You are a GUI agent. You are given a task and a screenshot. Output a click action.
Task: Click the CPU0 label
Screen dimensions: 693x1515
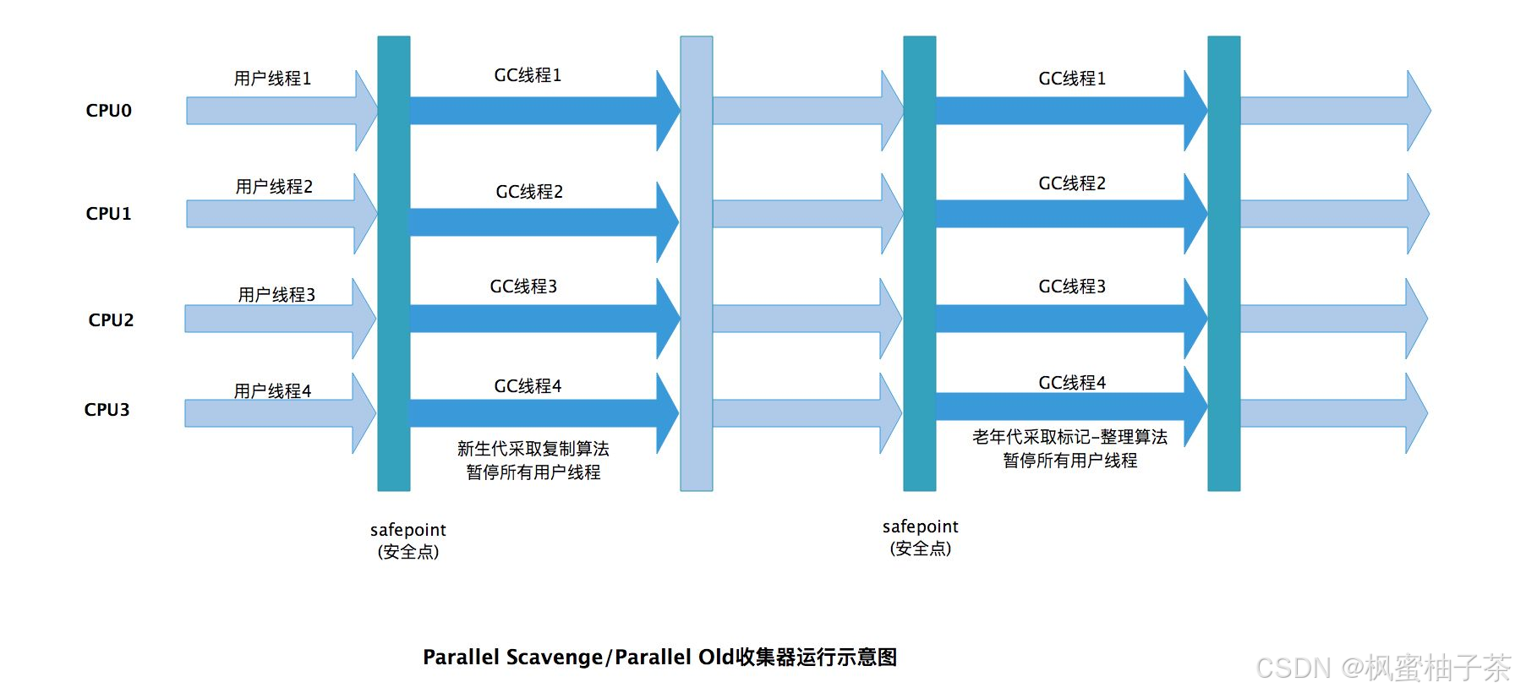(x=108, y=111)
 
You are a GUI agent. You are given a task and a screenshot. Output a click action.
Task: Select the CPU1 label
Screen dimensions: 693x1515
(x=108, y=214)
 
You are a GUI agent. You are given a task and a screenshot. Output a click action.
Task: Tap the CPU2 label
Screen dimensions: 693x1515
(x=111, y=320)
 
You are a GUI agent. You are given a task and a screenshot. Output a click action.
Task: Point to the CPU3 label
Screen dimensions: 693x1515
(x=107, y=410)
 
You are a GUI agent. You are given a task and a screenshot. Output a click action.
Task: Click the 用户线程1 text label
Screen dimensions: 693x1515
(x=272, y=79)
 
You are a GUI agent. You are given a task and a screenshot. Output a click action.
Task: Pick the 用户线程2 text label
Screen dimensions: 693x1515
(x=274, y=187)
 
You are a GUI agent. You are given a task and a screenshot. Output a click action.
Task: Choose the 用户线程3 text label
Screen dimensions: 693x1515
(x=276, y=295)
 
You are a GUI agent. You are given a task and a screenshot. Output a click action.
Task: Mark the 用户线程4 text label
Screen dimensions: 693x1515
(x=272, y=391)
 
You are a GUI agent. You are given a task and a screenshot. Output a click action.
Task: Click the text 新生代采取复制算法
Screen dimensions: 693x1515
(x=533, y=449)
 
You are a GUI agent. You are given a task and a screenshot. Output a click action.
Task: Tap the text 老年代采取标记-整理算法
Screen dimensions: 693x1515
(x=1069, y=437)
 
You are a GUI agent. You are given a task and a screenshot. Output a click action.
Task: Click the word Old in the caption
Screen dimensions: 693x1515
(x=715, y=658)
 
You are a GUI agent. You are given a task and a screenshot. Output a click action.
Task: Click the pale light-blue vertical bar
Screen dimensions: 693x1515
(x=696, y=263)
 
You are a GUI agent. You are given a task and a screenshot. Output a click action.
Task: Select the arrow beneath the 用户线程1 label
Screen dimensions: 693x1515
(x=279, y=111)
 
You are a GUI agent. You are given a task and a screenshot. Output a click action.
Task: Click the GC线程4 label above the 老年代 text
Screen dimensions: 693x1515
(x=1071, y=383)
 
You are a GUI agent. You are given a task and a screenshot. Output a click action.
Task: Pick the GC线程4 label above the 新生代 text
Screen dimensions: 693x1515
(x=528, y=386)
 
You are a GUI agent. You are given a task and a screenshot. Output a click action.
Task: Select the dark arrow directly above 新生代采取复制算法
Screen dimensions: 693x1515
(x=541, y=413)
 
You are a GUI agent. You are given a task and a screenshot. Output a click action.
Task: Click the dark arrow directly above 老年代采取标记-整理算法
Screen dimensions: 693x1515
(x=1069, y=407)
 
